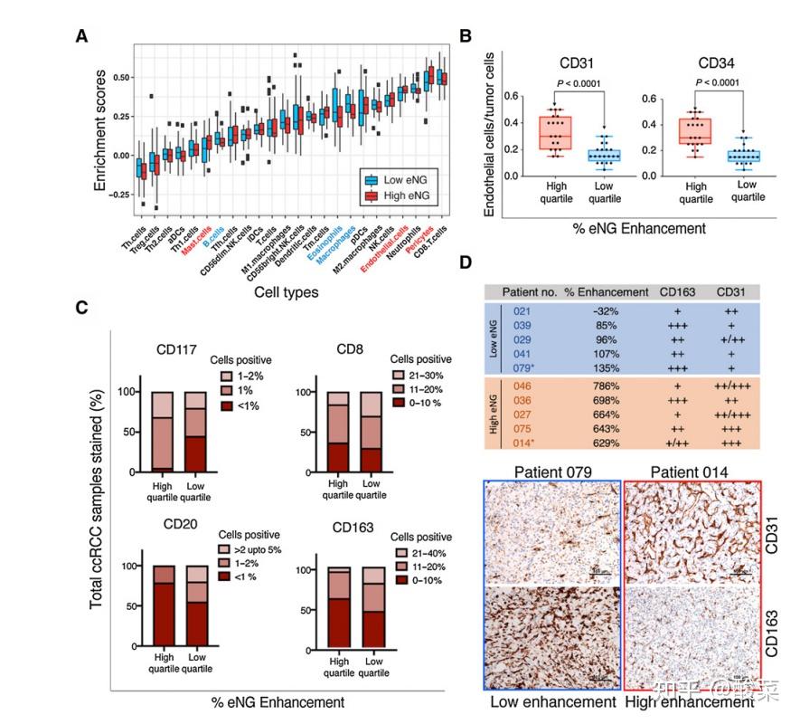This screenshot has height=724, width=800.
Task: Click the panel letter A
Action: tap(81, 35)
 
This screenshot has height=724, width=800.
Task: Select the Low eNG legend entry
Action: tap(397, 178)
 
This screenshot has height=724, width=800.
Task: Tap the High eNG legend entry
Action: tap(397, 195)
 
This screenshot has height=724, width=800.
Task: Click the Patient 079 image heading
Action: tap(552, 472)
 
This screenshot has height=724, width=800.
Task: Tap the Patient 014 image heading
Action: tap(691, 472)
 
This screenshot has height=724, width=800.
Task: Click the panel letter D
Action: tap(466, 263)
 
